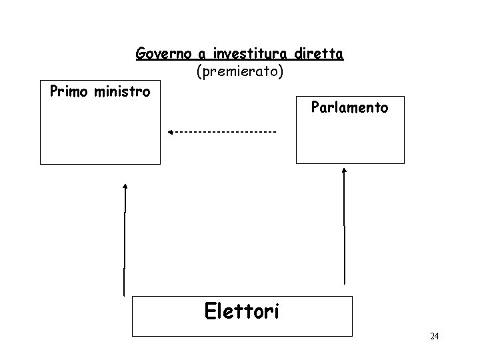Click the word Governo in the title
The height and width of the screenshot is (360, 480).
click(x=157, y=53)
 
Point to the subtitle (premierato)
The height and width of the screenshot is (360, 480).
click(x=240, y=69)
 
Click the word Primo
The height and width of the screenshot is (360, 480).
click(x=69, y=90)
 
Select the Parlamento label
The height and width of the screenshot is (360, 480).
click(x=349, y=107)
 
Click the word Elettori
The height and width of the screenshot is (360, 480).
click(x=241, y=310)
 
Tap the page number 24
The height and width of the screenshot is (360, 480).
click(x=434, y=337)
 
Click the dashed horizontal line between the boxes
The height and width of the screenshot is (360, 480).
click(x=227, y=132)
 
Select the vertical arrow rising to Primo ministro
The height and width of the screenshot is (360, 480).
click(x=124, y=240)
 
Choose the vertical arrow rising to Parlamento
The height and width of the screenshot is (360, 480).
click(x=344, y=227)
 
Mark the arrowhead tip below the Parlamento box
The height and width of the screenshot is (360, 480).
click(x=344, y=169)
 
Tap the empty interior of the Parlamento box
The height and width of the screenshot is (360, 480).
click(x=350, y=140)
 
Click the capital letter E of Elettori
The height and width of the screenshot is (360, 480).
click(x=209, y=310)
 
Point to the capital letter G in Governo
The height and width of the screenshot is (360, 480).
click(x=141, y=53)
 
